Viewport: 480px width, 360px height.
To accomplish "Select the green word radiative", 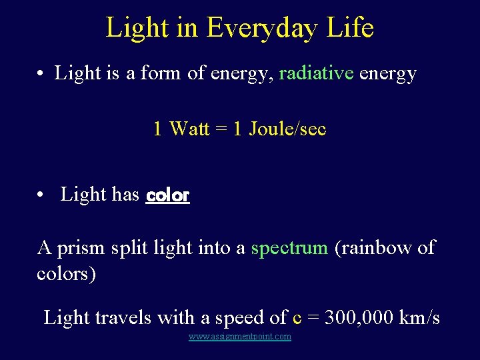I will tap(316, 73).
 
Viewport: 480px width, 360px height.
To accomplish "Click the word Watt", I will tap(189, 128).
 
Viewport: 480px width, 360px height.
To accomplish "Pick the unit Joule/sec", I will tap(287, 128).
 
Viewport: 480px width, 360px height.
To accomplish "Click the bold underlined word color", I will tap(167, 195).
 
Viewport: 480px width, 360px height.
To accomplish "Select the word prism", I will tap(81, 248).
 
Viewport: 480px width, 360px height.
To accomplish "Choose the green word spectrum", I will tap(289, 248).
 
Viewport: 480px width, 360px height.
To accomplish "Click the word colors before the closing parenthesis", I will tap(63, 274).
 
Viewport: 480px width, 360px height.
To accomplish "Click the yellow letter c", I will tap(297, 318).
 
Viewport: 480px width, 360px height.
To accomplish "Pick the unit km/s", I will tap(419, 317).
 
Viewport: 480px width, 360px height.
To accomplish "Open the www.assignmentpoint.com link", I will tap(240, 337).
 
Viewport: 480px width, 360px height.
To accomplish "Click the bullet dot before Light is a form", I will tap(41, 73).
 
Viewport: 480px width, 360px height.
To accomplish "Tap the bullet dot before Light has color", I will tap(41, 195).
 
